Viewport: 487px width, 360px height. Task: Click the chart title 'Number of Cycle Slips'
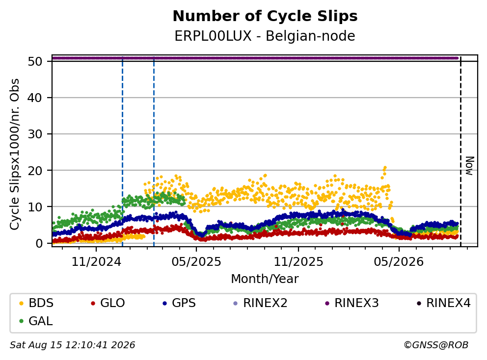[265, 16]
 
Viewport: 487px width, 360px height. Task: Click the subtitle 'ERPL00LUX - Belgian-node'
[265, 36]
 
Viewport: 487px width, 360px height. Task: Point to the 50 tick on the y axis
[35, 61]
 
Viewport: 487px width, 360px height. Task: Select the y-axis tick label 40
[35, 98]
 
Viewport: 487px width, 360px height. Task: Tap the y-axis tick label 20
[35, 170]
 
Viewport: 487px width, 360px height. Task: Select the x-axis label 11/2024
[96, 262]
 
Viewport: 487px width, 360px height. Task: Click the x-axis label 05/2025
[196, 262]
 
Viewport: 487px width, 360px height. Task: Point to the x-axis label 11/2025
[298, 262]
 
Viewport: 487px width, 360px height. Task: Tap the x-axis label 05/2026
[399, 262]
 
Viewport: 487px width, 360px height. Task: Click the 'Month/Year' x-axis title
[265, 279]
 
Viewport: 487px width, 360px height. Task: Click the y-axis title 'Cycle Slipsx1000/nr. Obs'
[15, 154]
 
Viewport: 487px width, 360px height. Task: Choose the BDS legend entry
[36, 303]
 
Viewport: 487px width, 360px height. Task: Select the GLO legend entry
[108, 303]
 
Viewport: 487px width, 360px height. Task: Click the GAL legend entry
[36, 321]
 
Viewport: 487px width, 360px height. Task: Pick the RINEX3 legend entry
[352, 303]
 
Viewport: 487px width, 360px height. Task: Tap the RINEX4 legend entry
[444, 303]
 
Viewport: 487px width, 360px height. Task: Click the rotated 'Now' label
[470, 166]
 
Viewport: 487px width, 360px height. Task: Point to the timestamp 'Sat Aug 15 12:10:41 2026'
[73, 345]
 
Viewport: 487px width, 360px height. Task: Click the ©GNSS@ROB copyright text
[436, 345]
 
